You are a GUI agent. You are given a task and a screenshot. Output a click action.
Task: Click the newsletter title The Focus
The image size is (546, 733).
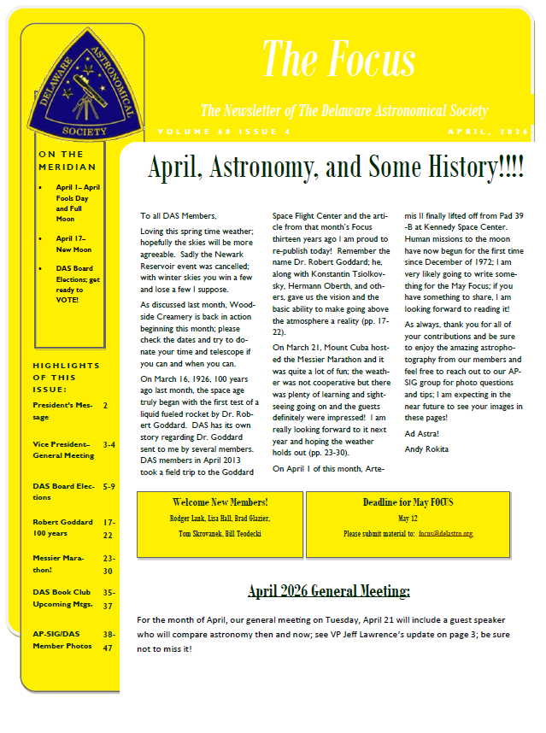click(338, 58)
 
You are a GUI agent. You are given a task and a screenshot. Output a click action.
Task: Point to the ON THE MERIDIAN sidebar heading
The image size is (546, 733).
click(68, 161)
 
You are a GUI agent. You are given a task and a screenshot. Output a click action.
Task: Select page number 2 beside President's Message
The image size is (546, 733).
click(105, 405)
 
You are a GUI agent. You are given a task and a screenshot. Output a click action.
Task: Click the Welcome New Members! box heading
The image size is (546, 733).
click(220, 501)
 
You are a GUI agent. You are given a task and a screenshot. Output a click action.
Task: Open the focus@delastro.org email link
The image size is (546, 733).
click(445, 533)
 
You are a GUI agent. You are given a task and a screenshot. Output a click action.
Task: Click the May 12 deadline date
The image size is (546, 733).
click(407, 519)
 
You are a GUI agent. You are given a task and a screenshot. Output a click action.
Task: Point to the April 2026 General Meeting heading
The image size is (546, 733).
click(329, 590)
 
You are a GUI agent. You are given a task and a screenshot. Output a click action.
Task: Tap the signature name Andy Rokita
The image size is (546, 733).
click(426, 449)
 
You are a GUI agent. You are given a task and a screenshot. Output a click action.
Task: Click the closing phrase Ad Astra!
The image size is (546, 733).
click(419, 434)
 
